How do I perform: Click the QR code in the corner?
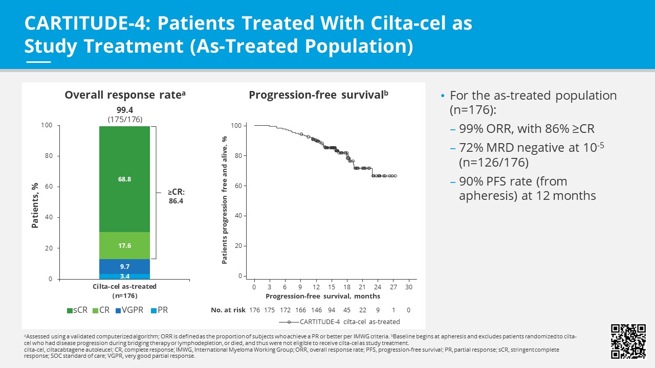coord(628,341)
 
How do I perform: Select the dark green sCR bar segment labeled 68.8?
coord(125,179)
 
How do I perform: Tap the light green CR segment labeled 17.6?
coord(125,246)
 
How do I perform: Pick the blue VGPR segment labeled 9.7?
coord(125,267)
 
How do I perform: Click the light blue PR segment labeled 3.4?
coord(125,277)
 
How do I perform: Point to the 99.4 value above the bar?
coord(125,110)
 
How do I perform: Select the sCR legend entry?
coord(77,310)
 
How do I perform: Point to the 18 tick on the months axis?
coord(347,287)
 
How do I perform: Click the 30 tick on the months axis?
coord(408,287)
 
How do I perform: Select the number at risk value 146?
coord(316,310)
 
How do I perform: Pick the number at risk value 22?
coord(362,310)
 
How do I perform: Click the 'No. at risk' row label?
coord(227,310)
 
